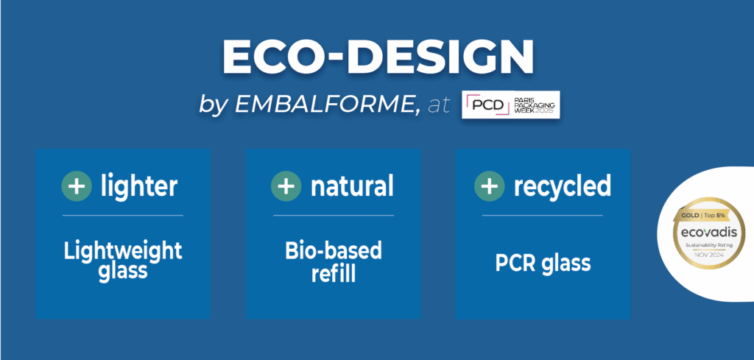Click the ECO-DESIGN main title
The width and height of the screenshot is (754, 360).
tap(378, 57)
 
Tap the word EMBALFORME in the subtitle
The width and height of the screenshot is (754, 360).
tap(325, 105)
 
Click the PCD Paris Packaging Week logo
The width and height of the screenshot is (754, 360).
tap(511, 105)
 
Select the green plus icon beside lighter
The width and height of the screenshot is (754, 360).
tap(77, 186)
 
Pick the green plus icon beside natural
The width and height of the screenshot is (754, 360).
tap(286, 186)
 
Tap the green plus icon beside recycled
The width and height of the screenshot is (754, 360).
tap(490, 186)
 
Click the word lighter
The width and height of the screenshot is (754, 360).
tap(139, 186)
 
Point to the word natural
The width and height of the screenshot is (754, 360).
tap(352, 186)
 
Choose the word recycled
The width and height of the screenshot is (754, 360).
tap(562, 186)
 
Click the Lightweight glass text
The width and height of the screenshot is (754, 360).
tap(123, 261)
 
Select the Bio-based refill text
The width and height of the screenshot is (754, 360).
tap(334, 261)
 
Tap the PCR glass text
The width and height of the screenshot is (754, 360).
tap(543, 263)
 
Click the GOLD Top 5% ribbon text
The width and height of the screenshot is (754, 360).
tap(703, 215)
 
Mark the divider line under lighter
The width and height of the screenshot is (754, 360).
tap(123, 215)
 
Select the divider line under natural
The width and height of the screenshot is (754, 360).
tap(334, 215)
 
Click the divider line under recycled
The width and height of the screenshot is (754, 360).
tap(543, 215)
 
